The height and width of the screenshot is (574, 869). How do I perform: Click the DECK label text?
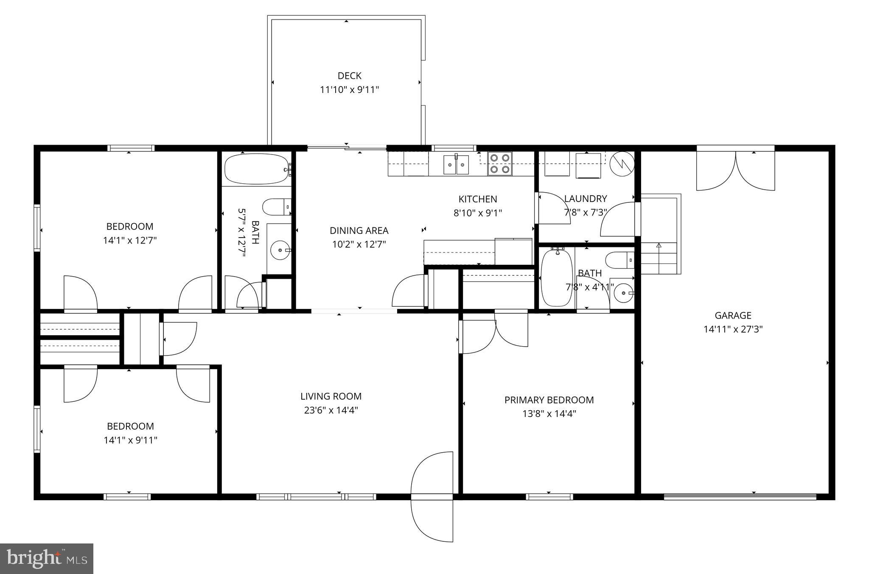click(349, 76)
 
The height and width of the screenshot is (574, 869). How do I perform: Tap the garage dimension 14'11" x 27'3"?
click(733, 329)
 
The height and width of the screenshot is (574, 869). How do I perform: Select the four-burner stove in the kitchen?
click(499, 163)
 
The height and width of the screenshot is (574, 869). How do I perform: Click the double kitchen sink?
click(456, 165)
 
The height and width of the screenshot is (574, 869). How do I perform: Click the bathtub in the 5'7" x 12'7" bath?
click(256, 169)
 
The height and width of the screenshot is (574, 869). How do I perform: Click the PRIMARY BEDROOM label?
click(549, 400)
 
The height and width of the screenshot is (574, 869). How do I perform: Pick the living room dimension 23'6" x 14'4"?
click(331, 410)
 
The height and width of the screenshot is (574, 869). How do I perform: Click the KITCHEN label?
click(477, 199)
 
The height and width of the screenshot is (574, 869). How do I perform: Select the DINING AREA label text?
click(359, 231)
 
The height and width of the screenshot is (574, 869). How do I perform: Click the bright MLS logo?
click(47, 559)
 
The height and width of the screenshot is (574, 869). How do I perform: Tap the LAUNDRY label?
click(585, 199)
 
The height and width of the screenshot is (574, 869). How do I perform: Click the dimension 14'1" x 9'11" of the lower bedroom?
click(130, 440)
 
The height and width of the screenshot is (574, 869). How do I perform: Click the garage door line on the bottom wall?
click(740, 496)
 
